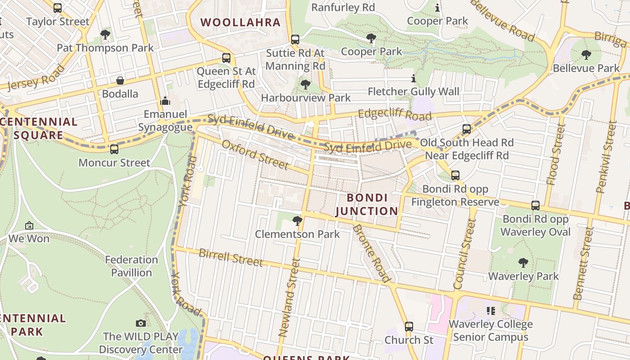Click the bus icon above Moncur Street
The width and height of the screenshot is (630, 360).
[x=114, y=149]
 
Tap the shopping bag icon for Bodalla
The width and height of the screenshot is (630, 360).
[x=120, y=81]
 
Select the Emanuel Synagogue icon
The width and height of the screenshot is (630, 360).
[x=165, y=100]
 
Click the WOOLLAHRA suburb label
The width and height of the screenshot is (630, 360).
[x=240, y=22]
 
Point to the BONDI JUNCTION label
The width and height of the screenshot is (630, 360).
[x=367, y=204]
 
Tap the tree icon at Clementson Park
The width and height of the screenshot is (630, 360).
[x=297, y=220]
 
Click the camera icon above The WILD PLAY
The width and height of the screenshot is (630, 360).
[x=141, y=323]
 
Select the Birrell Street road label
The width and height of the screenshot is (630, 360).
[x=231, y=257]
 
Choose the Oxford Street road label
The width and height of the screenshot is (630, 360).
[x=255, y=153]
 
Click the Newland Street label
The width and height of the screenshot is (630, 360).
[x=289, y=297]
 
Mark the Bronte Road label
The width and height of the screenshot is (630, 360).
[x=371, y=253]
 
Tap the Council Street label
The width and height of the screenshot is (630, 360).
[x=465, y=254]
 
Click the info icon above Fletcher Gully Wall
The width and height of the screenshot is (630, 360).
[x=414, y=79]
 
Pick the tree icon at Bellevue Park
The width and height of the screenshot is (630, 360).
[x=586, y=55]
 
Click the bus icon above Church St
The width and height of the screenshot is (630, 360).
[x=409, y=326]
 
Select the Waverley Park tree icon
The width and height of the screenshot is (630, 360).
[x=523, y=262]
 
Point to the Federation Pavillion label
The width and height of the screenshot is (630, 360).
[x=131, y=266]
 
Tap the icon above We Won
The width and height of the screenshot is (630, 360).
[x=29, y=225]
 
